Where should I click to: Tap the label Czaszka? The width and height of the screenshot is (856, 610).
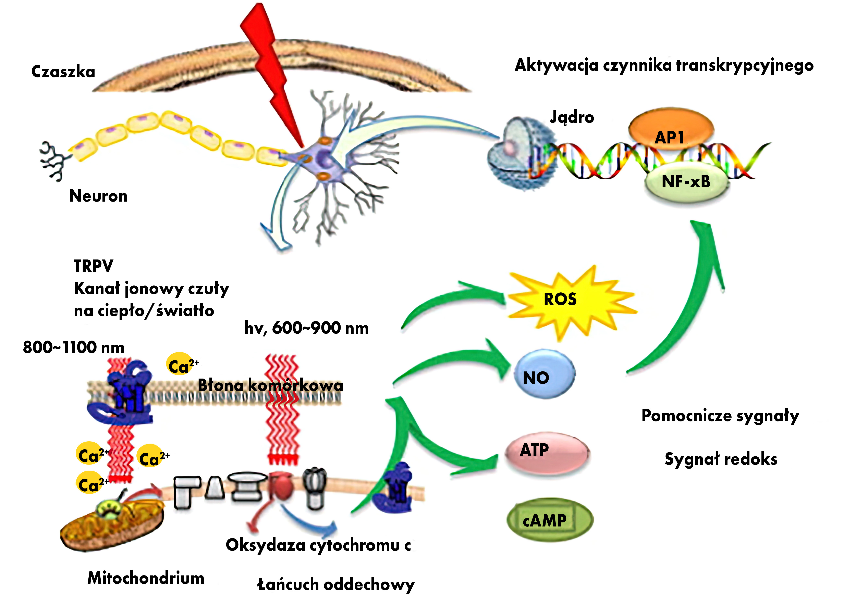(63, 71)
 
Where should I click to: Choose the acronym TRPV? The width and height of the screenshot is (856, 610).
(93, 266)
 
